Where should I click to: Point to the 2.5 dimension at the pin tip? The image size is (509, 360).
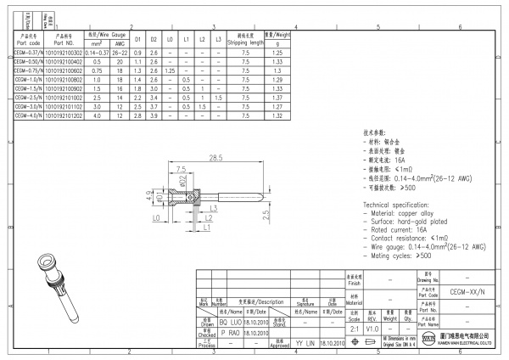[x=267, y=217]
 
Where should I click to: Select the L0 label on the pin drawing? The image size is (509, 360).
[x=159, y=219]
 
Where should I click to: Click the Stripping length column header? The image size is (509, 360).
[x=244, y=40]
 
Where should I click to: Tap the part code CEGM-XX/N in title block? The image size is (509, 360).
[x=462, y=290]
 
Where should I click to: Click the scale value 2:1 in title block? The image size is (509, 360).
[x=354, y=326]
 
